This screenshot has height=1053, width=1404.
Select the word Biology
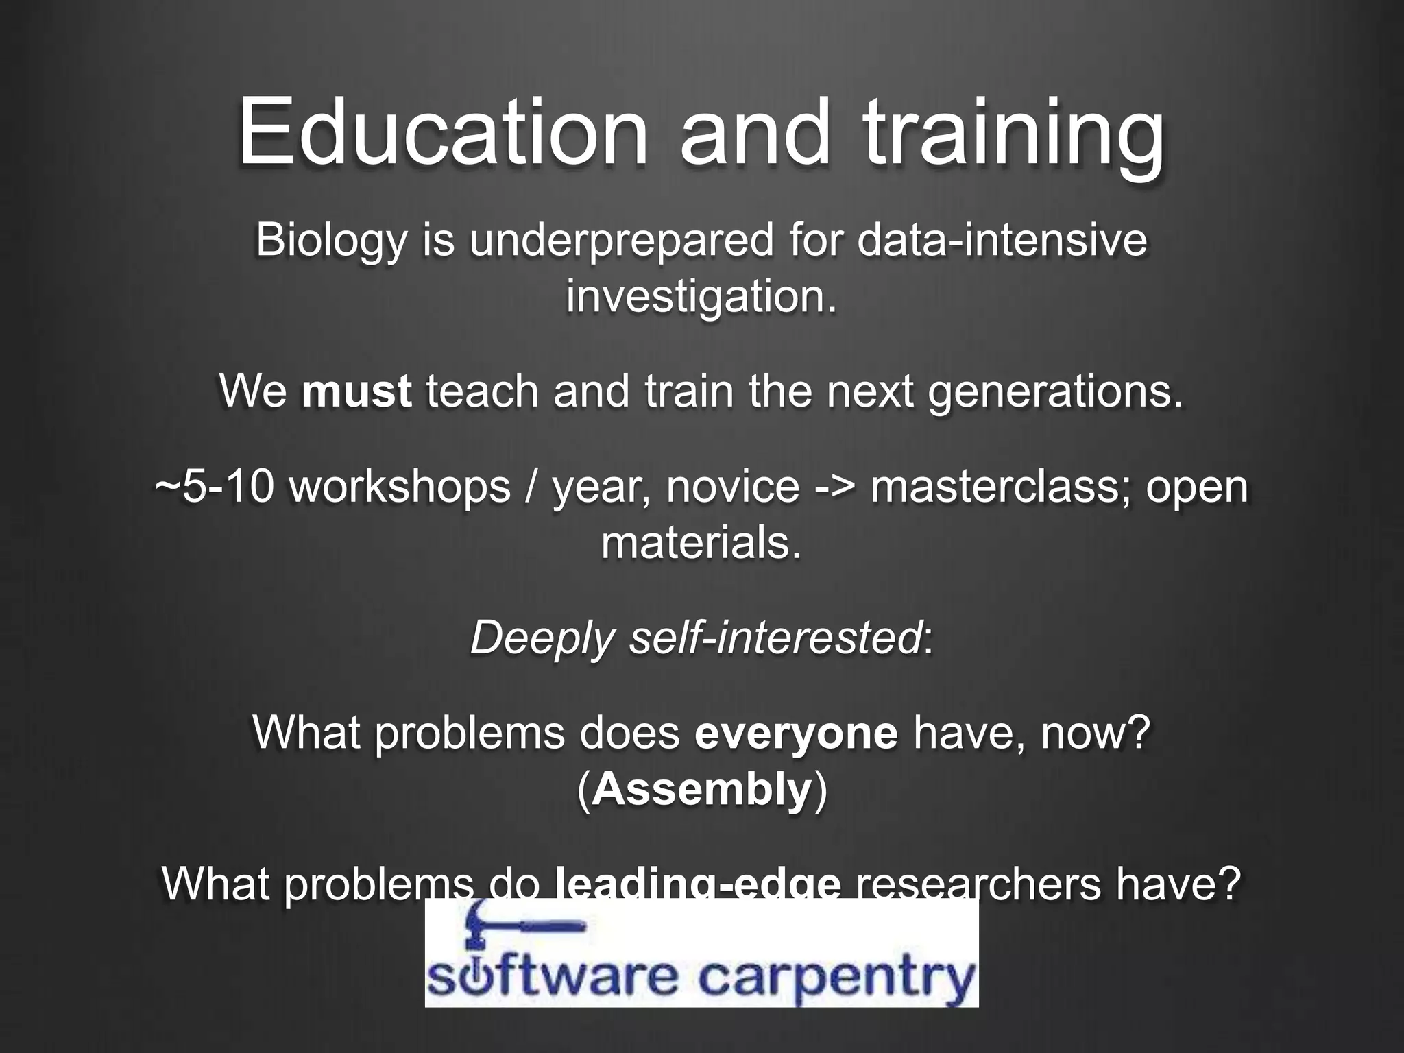tap(331, 241)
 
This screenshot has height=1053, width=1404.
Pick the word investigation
tap(701, 298)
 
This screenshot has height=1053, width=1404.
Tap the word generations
tap(1056, 392)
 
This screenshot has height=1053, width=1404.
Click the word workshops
tap(400, 487)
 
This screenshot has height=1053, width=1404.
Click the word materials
tap(701, 543)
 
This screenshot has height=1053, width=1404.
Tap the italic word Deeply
tap(542, 639)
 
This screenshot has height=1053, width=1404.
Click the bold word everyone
tap(796, 732)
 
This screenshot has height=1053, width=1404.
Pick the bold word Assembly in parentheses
tap(701, 790)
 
